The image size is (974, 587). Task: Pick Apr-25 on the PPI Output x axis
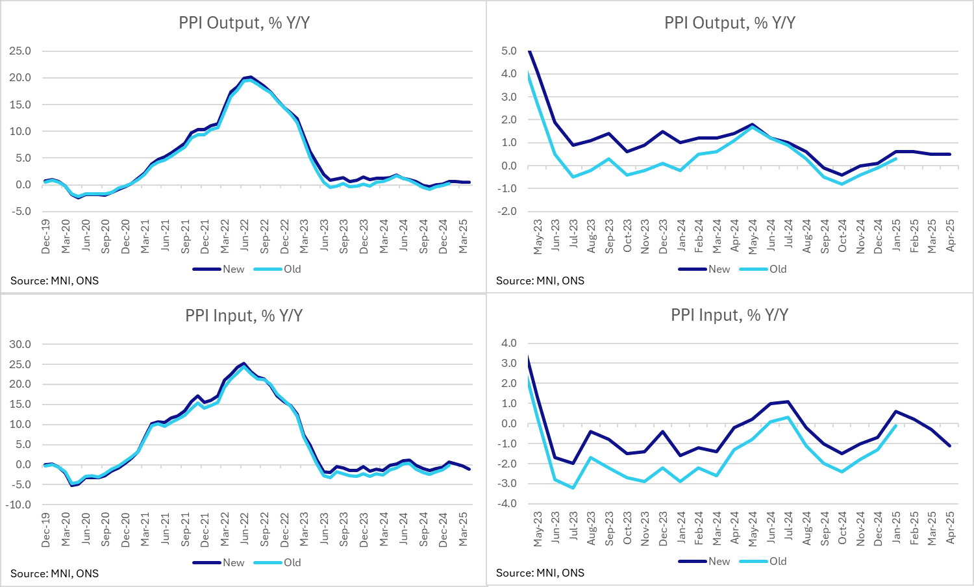point(951,236)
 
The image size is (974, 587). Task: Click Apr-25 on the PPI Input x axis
point(951,529)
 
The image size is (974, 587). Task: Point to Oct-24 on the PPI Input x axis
point(842,529)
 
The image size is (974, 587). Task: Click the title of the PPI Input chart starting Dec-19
point(243,316)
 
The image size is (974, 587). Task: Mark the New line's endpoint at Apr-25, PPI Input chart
point(950,445)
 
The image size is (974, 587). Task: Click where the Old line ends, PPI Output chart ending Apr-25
point(896,158)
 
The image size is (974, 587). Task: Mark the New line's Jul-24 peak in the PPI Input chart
point(788,401)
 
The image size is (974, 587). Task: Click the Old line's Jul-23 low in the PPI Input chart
point(573,488)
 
